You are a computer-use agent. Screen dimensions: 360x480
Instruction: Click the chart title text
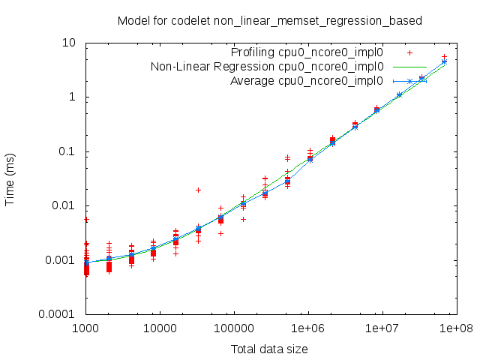coord(270,20)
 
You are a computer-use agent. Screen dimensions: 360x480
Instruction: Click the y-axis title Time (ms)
coord(11,178)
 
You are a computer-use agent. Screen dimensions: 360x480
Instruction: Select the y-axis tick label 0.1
coord(67,151)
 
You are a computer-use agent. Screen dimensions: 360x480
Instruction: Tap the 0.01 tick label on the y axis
coord(64,205)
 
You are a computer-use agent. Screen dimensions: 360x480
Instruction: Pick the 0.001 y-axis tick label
coord(61,260)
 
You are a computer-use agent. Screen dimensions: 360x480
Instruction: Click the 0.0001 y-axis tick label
coord(58,314)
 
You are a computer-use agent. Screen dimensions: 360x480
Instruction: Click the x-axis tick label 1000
coord(86,329)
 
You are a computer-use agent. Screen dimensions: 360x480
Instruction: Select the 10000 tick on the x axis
coord(160,329)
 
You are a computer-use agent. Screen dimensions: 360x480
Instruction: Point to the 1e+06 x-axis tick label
coord(307,329)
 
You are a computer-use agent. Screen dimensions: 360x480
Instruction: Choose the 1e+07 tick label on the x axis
coord(382,329)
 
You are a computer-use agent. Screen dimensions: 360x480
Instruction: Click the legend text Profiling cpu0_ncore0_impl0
coord(307,52)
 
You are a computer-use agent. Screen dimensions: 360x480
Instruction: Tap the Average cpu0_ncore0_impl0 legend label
coord(307,81)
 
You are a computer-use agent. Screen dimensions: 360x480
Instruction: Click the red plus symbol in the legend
coord(410,52)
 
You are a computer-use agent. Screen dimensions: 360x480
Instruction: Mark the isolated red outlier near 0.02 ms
coord(198,190)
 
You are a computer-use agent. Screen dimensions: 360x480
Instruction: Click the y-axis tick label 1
coord(73,97)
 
